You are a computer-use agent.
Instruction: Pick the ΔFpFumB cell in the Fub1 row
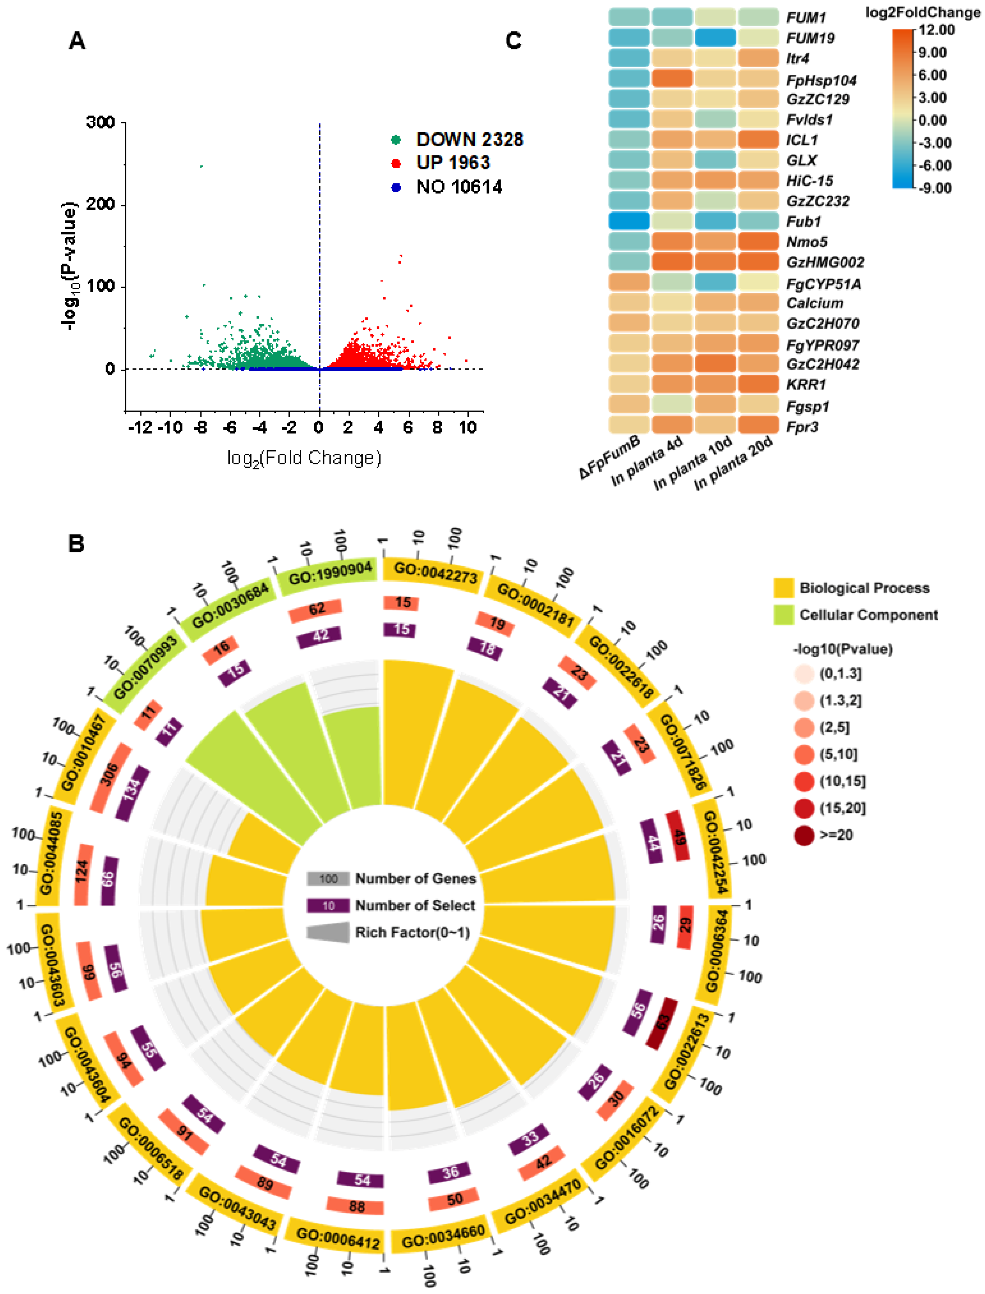pyautogui.click(x=629, y=221)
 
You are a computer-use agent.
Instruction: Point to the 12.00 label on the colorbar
pyautogui.click(x=936, y=30)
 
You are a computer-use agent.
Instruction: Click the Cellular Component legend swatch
pyautogui.click(x=783, y=615)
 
